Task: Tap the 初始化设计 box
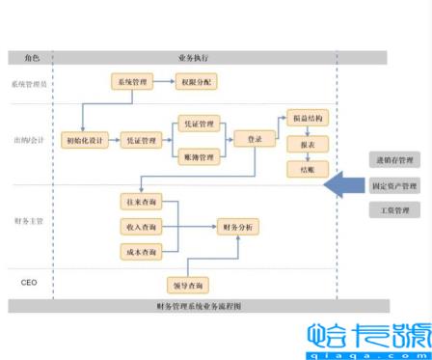tap(83, 140)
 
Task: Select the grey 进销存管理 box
tap(394, 160)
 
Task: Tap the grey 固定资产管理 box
tap(394, 185)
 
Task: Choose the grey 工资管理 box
tap(394, 209)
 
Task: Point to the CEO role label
tap(29, 282)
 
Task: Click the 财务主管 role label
tap(29, 223)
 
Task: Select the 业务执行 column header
tap(193, 58)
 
